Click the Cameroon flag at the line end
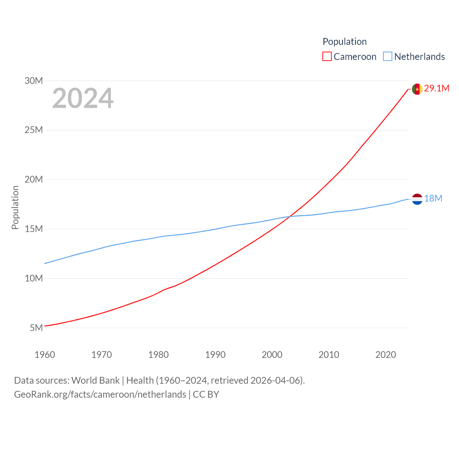[x=417, y=89]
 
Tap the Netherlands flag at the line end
[x=417, y=199]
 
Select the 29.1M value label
[x=436, y=89]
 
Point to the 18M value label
[x=433, y=199]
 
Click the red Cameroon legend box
[x=327, y=57]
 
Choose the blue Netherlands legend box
[x=388, y=57]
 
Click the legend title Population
[x=345, y=42]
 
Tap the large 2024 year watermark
[x=83, y=98]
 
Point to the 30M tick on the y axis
[x=34, y=81]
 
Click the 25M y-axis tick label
[x=34, y=130]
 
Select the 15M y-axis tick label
[x=34, y=229]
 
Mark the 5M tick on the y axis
[x=36, y=328]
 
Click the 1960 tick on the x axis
[x=45, y=355]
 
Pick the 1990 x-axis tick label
[x=215, y=355]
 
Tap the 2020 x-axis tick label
[x=385, y=355]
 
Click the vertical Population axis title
[x=15, y=207]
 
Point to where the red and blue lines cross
[x=289, y=216]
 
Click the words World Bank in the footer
[x=95, y=380]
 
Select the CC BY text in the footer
[x=206, y=394]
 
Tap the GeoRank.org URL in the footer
[x=100, y=394]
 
